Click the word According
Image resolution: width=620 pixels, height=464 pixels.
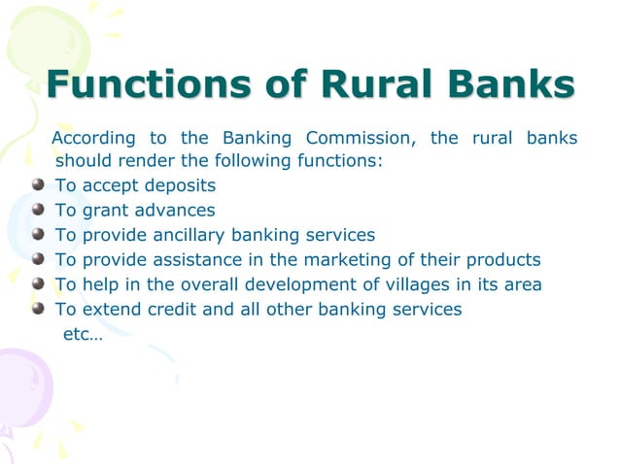93,139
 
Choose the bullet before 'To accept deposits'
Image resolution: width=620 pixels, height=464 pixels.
38,184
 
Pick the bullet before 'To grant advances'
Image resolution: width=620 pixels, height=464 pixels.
38,210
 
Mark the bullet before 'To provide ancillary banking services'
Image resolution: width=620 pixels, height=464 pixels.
38,235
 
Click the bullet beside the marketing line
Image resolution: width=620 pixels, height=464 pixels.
38,260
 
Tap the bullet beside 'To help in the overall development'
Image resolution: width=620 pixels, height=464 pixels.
38,285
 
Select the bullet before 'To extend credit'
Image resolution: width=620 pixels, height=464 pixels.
38,311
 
